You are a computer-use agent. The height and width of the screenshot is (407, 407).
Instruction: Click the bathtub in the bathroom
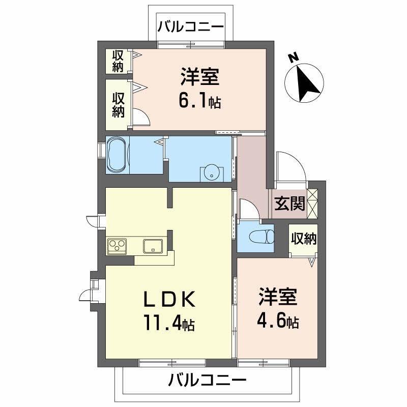point(118,155)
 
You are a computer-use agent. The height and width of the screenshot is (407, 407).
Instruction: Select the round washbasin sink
point(212,172)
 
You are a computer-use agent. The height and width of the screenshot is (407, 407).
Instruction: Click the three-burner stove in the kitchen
point(117,246)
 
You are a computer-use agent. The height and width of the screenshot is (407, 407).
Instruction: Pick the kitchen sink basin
point(153,246)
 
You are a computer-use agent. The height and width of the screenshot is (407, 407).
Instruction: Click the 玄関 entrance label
point(289,203)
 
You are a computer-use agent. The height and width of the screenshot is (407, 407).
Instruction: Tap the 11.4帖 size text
point(170,323)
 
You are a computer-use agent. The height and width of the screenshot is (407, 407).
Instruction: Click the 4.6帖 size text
point(278,321)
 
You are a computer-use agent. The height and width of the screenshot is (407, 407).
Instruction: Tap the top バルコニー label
point(190,27)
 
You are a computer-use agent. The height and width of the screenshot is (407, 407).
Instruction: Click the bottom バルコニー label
point(207,380)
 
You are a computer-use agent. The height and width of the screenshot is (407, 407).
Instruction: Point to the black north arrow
point(307,83)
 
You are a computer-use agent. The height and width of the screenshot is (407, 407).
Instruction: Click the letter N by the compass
point(294,58)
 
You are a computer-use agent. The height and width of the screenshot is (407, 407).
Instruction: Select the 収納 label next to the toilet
point(304,239)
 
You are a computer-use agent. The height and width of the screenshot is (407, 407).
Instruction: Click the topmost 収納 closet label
point(118,61)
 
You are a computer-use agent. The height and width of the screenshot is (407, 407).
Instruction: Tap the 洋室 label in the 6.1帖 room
point(200,77)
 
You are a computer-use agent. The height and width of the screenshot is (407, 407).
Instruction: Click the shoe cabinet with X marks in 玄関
point(312,203)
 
